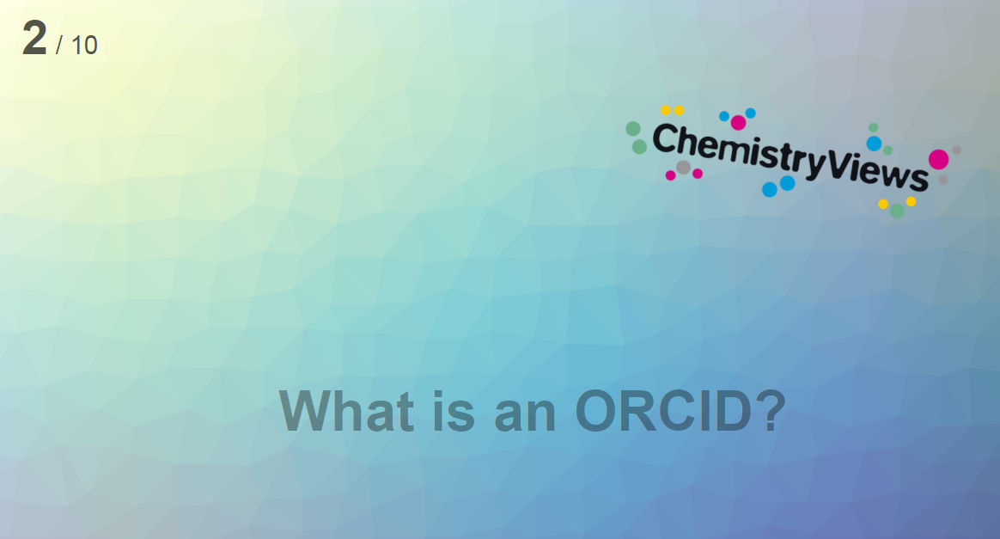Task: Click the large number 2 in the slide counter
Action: pos(34,38)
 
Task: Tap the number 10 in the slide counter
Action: pos(84,46)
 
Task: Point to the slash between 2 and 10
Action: pos(59,46)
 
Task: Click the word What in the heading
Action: pos(346,411)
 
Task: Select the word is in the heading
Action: pos(454,411)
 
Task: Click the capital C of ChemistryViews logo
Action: pos(665,138)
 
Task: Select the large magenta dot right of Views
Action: pos(938,160)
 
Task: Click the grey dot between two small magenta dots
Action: pos(683,168)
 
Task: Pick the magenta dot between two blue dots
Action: pos(738,122)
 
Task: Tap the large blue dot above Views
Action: pos(874,144)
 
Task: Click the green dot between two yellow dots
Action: pos(897,211)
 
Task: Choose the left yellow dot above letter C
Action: pos(666,110)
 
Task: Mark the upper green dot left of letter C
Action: pos(632,129)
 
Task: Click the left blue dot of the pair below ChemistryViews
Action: pos(770,189)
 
